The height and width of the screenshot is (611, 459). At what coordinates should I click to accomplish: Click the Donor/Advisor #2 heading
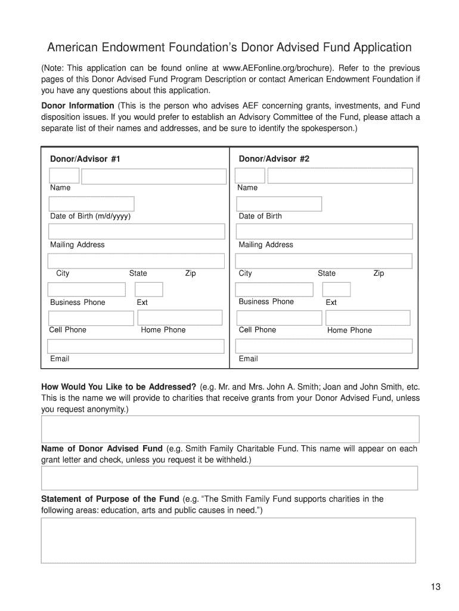tap(274, 159)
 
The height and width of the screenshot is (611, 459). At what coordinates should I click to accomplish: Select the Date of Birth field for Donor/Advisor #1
tap(91, 203)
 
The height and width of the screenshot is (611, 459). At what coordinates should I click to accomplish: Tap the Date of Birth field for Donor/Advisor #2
tap(278, 203)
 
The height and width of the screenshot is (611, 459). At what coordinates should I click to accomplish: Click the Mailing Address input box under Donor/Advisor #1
tap(136, 232)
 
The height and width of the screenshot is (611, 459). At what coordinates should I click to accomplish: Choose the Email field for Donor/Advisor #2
tap(324, 346)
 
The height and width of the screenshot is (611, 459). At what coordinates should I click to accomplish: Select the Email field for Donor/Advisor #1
tap(136, 346)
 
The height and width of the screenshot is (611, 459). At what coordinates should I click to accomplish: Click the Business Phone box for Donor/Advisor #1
tap(86, 289)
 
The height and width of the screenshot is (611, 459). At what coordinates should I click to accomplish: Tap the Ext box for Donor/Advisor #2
tap(337, 289)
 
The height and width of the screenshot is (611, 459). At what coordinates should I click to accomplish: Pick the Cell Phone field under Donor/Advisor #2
tap(278, 318)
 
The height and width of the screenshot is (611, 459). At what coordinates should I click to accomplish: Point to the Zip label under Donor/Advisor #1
tap(190, 273)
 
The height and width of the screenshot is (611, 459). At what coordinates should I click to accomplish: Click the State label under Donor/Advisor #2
tap(326, 273)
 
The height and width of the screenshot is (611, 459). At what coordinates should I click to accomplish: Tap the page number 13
tap(435, 587)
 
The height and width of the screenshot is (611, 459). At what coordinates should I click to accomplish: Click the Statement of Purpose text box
tap(228, 540)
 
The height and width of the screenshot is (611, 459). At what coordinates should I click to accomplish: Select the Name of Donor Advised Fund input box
tap(229, 478)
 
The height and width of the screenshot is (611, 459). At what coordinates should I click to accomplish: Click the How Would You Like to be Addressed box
tap(230, 429)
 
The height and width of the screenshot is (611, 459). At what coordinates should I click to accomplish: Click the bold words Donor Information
tap(77, 106)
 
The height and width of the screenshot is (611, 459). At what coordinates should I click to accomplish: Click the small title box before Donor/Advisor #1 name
tap(64, 175)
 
